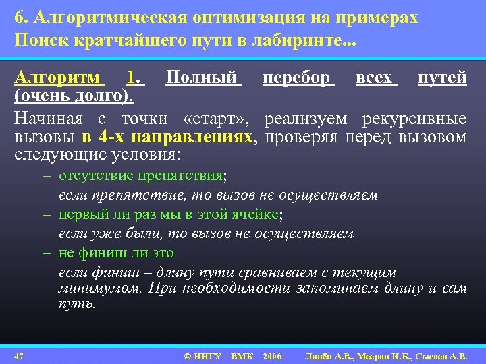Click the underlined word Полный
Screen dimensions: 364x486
coord(202,79)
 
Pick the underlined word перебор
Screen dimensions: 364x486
coord(298,79)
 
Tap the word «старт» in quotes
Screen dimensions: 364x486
coord(215,119)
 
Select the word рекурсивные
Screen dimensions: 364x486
coord(413,119)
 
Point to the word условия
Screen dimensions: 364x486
coord(150,155)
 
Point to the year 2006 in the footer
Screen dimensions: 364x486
coord(272,355)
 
